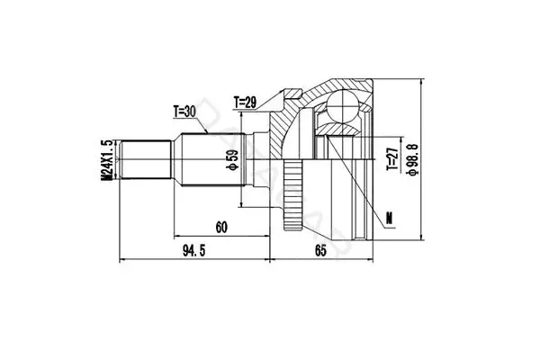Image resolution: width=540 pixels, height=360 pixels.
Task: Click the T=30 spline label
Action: [x=184, y=112]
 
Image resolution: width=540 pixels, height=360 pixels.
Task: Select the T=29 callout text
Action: [x=245, y=103]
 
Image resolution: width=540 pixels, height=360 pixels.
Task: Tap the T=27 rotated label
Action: [x=392, y=158]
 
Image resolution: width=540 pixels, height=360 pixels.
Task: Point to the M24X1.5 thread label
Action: [x=107, y=159]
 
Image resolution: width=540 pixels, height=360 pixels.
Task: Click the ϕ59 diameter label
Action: [x=232, y=160]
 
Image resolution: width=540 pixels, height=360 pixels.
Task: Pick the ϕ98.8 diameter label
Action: [x=412, y=159]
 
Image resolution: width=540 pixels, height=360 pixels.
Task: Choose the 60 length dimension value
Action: [x=221, y=228]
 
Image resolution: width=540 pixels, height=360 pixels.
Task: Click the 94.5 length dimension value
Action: [x=193, y=251]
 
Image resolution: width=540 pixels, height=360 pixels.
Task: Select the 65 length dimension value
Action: [x=320, y=251]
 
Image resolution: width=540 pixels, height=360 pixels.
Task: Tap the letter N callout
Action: [x=389, y=219]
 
